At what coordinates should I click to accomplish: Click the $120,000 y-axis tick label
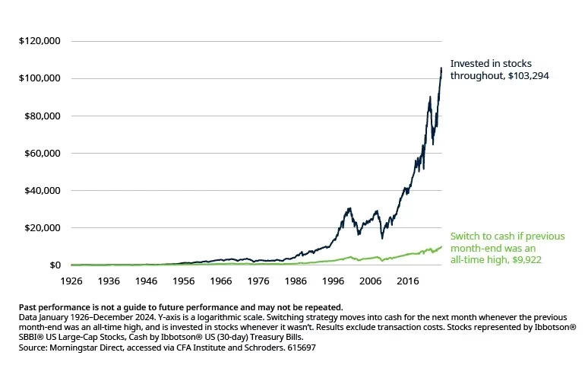point(40,41)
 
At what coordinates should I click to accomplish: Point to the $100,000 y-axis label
point(40,78)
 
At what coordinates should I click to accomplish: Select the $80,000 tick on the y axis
point(42,116)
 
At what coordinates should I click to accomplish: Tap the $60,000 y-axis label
point(42,153)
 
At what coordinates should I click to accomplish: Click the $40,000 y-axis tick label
point(42,190)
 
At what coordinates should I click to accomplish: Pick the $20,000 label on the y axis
point(42,227)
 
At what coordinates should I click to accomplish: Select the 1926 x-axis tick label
point(71,280)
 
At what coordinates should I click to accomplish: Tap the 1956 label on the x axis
point(184,280)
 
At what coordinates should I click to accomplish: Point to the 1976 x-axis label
point(258,280)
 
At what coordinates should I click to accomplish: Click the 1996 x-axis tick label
point(333,280)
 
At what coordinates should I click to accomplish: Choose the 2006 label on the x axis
point(370,280)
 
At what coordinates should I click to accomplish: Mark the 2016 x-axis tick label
point(407,280)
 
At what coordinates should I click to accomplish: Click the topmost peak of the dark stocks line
point(441,68)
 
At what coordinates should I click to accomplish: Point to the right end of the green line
point(441,246)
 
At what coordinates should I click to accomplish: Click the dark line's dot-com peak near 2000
point(349,208)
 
